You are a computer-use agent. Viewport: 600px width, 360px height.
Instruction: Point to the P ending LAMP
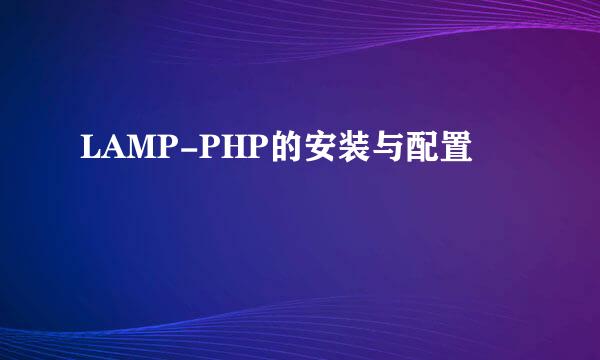coord(160,152)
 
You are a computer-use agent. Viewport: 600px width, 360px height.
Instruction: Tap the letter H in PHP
coord(217,152)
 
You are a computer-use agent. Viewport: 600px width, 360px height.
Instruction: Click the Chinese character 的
coord(267,152)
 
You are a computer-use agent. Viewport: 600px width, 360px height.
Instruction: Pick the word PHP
coord(217,152)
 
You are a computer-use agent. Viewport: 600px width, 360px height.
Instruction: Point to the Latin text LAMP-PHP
coord(165,152)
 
